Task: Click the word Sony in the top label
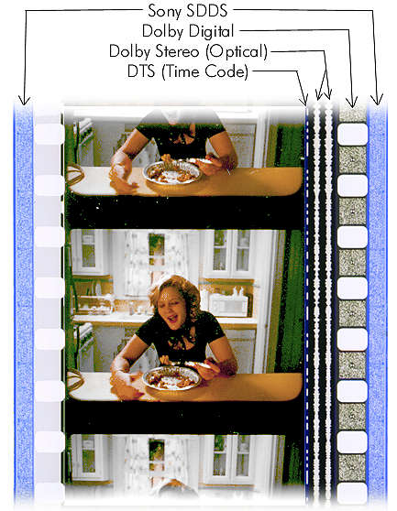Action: point(166,11)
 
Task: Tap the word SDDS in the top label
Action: point(215,11)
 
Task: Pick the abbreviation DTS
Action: point(145,71)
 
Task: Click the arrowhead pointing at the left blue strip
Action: point(23,98)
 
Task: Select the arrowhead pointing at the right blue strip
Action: point(373,98)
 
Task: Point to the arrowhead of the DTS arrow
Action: point(306,98)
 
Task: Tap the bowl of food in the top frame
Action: point(172,171)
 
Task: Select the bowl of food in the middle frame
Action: point(172,376)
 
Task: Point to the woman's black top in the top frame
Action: point(180,137)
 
